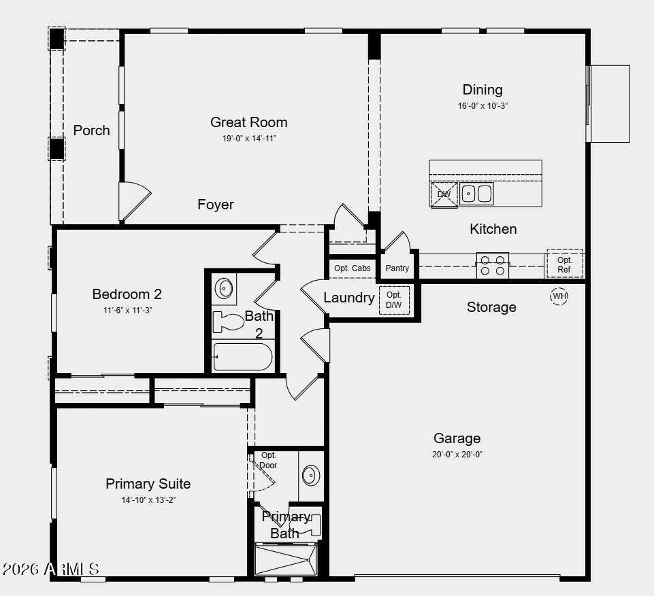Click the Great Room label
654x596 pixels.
pos(248,122)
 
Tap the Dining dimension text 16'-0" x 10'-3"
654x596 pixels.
pos(483,106)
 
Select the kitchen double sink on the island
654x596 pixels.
pos(477,194)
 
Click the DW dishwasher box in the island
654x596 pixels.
pos(444,194)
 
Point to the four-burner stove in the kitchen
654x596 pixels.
pos(493,265)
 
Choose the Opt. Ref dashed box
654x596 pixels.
pos(565,264)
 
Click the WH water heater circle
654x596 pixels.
pos(559,296)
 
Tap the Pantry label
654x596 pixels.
pos(397,268)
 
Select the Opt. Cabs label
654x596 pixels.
pos(353,268)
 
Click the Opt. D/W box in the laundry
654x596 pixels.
pos(394,300)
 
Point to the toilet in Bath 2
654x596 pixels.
pos(228,321)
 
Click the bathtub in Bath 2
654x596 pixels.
pos(242,357)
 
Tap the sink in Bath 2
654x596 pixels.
pos(225,287)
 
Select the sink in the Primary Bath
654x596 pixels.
pos(311,475)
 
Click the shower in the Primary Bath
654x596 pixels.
pos(286,560)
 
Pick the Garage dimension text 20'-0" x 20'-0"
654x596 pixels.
pos(457,455)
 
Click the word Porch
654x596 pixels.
pos(91,130)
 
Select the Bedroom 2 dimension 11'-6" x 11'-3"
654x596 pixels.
pos(127,311)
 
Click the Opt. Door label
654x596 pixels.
pos(268,460)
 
